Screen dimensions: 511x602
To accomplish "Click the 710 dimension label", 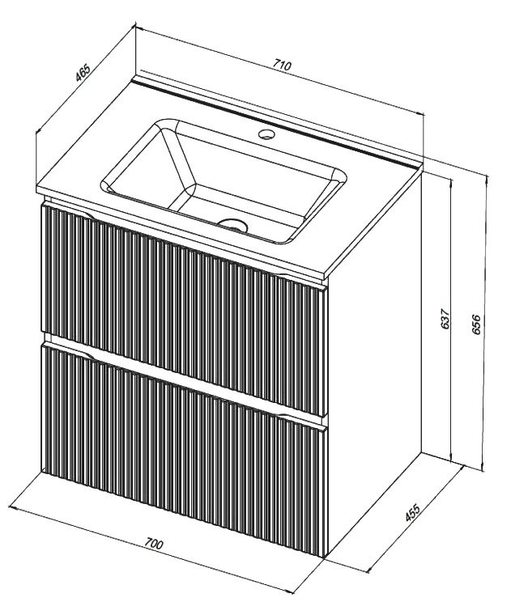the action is point(283,65).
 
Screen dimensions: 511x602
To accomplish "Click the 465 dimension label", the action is point(83,73).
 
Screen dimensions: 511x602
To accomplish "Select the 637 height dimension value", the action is point(445,318).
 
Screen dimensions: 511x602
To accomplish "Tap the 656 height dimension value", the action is point(476,324).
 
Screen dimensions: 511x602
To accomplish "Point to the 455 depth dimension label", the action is point(413,512).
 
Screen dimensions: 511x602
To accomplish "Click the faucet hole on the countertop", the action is point(266,134).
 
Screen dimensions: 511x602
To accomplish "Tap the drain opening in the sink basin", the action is point(233,224).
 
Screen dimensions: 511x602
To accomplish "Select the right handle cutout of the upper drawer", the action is point(285,277).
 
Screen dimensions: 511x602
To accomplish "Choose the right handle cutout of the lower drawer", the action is point(285,418).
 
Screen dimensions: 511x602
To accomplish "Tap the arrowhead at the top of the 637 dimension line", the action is point(451,180).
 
